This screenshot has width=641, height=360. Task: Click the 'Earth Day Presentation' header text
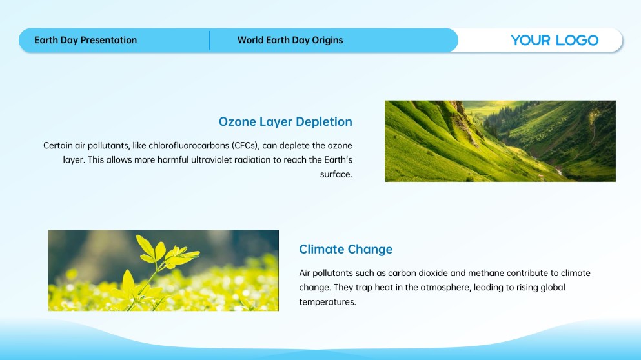click(85, 40)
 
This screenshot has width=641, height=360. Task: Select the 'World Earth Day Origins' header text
click(290, 40)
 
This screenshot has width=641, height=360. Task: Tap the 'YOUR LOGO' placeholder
click(555, 40)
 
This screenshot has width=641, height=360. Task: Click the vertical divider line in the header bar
click(210, 40)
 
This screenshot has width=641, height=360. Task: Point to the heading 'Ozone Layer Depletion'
click(285, 122)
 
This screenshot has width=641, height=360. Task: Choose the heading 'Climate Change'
click(346, 249)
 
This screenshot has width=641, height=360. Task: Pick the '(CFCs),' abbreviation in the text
click(245, 145)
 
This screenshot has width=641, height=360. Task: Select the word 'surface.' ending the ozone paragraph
click(336, 174)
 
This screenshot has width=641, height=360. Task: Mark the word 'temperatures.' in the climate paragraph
click(327, 302)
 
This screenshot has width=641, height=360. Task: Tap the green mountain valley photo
click(500, 141)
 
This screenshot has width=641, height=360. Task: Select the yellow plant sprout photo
click(163, 270)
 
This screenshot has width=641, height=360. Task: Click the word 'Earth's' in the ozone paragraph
click(338, 160)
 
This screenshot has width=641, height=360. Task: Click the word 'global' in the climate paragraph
click(553, 287)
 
